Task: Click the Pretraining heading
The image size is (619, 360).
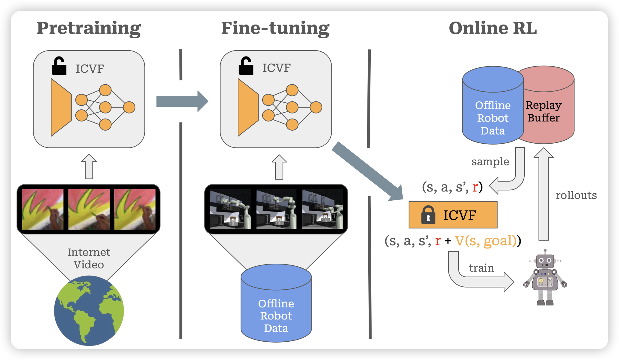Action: point(89,28)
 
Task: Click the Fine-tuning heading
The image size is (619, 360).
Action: point(275,28)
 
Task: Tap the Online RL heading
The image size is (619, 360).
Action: point(493,28)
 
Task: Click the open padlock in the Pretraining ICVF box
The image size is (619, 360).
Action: point(59,66)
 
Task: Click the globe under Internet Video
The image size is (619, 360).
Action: point(89,310)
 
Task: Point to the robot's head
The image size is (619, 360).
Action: point(545,260)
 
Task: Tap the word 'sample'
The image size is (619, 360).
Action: point(490,162)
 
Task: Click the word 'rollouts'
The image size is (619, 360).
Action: point(576,195)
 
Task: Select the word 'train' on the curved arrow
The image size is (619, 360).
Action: point(481,268)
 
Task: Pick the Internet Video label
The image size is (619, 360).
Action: point(89,258)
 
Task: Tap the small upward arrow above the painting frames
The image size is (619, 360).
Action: point(89,167)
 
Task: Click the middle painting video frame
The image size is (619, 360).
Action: point(89,209)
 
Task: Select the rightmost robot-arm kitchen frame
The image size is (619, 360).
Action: point(323,209)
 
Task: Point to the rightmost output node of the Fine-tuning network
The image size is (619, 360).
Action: point(316,107)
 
